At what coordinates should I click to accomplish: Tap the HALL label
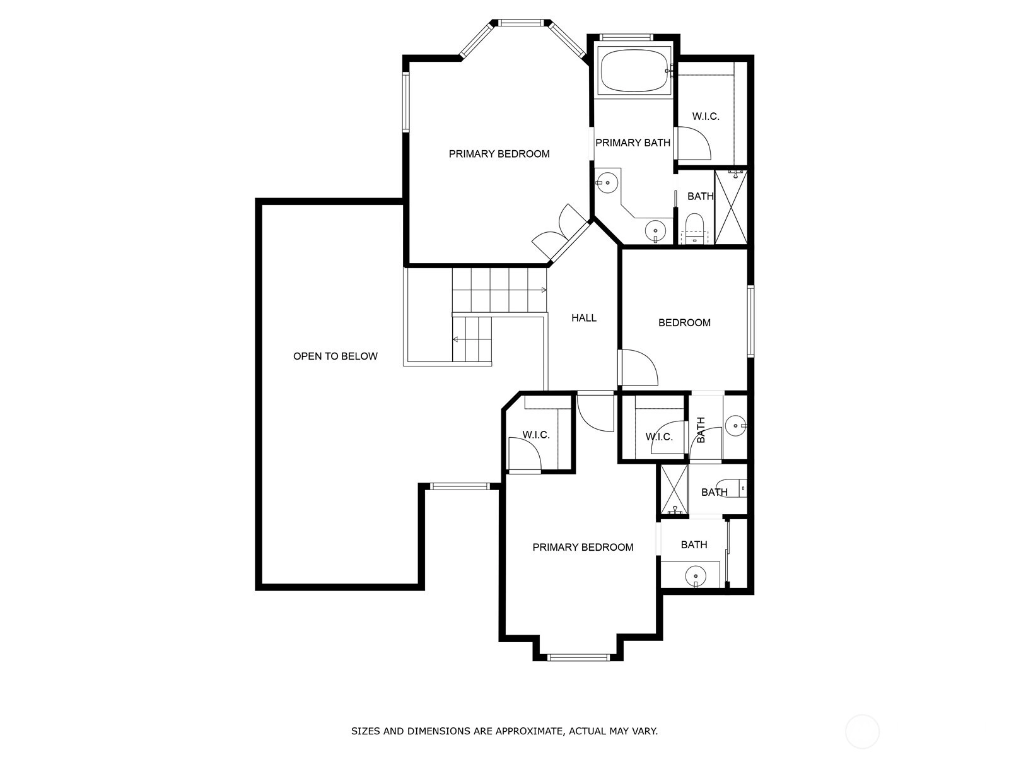[584, 317]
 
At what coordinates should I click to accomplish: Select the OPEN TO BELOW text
[335, 356]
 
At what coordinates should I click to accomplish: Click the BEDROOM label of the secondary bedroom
[684, 322]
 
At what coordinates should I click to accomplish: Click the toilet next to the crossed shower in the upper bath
[694, 228]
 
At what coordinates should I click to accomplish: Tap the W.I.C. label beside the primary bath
[706, 116]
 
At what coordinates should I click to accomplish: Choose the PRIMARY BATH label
[633, 143]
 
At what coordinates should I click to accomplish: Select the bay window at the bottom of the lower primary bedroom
[579, 657]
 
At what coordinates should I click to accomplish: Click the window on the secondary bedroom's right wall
[750, 321]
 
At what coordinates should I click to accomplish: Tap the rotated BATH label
[701, 430]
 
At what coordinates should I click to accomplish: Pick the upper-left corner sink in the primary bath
[607, 182]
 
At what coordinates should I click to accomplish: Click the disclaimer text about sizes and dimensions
[504, 731]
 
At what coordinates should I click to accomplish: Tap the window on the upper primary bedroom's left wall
[406, 102]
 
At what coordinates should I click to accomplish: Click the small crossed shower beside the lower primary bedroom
[674, 490]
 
